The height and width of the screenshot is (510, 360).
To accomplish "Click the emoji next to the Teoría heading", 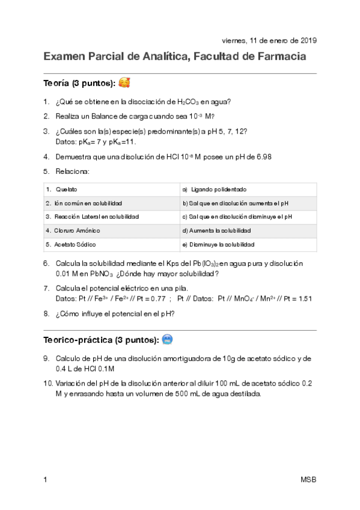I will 124,82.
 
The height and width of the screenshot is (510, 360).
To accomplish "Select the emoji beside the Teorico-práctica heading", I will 168,340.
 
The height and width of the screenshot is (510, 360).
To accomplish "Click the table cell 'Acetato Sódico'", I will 75,245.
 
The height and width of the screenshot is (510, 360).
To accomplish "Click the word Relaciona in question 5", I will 72,171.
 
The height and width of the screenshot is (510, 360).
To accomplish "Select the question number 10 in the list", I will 47,383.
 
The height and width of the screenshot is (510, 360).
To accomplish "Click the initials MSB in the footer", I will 308,479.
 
